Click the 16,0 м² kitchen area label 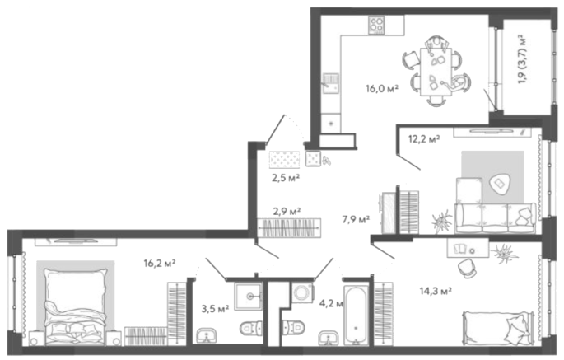pyautogui.click(x=382, y=88)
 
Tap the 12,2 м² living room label pyautogui.click(x=424, y=138)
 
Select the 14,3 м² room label pyautogui.click(x=436, y=291)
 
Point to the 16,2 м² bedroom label pyautogui.click(x=160, y=263)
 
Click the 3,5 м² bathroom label pyautogui.click(x=215, y=309)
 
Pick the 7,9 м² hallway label pyautogui.click(x=356, y=219)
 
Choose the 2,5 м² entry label pyautogui.click(x=286, y=177)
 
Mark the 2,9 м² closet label pyautogui.click(x=287, y=211)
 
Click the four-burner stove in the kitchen pyautogui.click(x=376, y=26)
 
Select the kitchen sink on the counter pyautogui.click(x=331, y=83)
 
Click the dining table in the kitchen pyautogui.click(x=436, y=72)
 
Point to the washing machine pyautogui.click(x=302, y=292)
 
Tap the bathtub pyautogui.click(x=356, y=315)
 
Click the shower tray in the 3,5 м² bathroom pyautogui.click(x=248, y=296)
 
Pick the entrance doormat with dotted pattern pyautogui.click(x=285, y=160)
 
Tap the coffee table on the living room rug pyautogui.click(x=499, y=184)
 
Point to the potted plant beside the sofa pyautogui.click(x=442, y=222)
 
